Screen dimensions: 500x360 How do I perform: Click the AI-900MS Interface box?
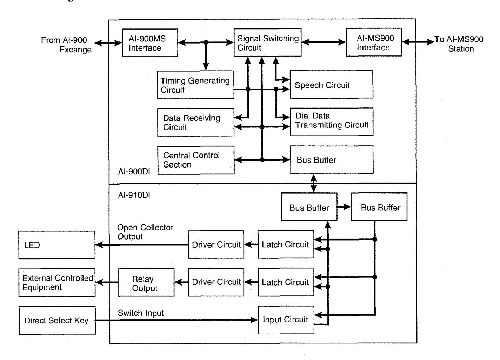pos(150,43)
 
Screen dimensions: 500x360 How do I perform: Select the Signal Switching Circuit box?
pos(267,42)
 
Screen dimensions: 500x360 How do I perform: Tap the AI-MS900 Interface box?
pos(374,42)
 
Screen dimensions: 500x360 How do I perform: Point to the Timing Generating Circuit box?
pos(195,85)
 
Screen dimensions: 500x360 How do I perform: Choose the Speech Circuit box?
pos(332,85)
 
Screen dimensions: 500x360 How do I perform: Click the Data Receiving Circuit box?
pos(196,123)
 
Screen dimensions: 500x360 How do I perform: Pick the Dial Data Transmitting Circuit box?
pos(332,122)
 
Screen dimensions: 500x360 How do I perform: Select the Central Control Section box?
pos(196,160)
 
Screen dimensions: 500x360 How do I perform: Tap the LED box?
pos(57,245)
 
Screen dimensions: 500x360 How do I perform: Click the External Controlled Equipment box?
pos(57,283)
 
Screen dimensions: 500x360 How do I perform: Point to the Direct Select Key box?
pos(57,320)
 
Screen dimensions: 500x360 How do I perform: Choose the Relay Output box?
pos(146,282)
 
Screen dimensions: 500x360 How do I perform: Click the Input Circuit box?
pos(286,320)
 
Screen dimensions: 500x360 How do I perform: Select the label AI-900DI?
pos(134,172)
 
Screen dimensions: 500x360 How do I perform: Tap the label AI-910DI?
pos(134,195)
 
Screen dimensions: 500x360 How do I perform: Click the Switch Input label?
pos(141,313)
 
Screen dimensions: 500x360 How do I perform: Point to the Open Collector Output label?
pos(145,232)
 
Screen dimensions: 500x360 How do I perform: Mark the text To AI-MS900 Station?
pos(459,44)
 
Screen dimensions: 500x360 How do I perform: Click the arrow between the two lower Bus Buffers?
pos(344,207)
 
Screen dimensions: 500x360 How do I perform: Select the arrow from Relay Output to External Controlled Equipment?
pos(107,282)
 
